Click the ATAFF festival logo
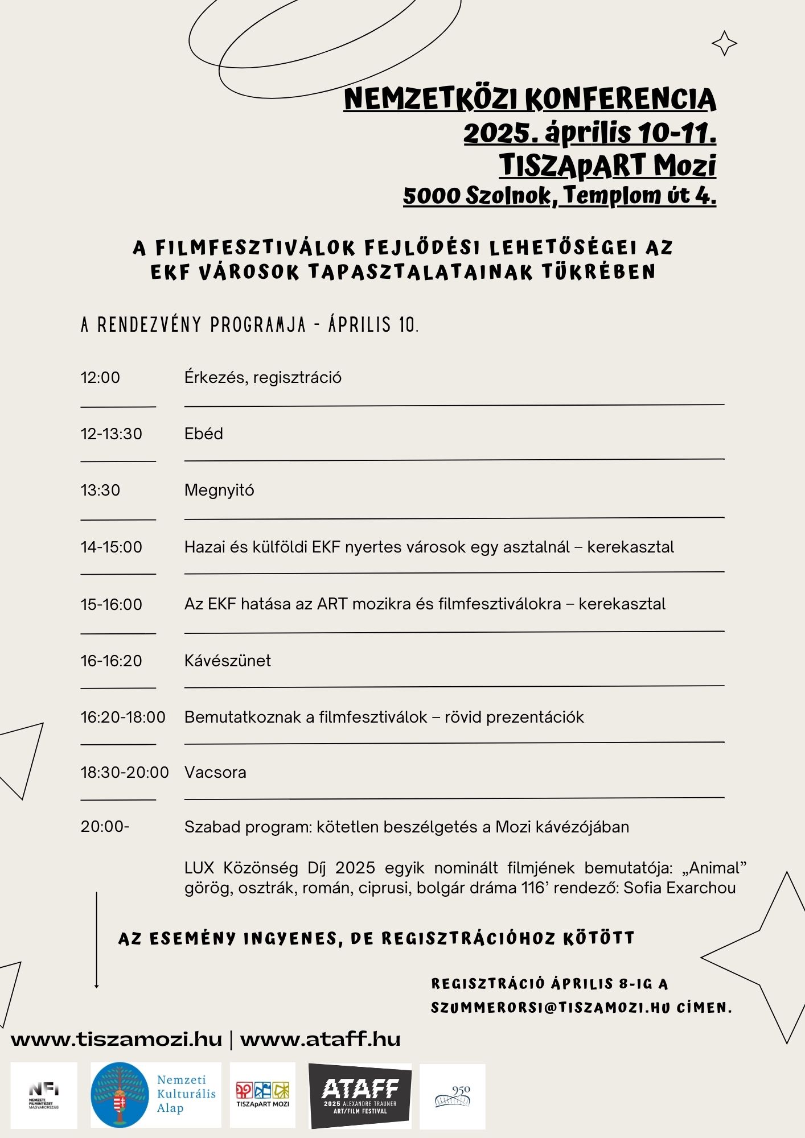coord(360,1095)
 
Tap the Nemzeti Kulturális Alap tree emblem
coord(120,1095)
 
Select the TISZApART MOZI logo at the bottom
coord(262,1095)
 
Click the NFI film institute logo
coord(44,1095)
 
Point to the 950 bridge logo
coord(453,1096)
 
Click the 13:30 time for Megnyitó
coord(100,490)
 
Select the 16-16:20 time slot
coord(111,661)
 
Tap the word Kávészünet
coord(227,661)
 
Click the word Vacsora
coord(215,772)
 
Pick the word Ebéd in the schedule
coord(203,434)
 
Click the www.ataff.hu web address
coord(321,1039)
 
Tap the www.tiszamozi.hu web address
coord(116,1039)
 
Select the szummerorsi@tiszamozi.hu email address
coord(550,1008)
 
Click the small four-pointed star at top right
coord(724,43)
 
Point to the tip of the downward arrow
coord(96,986)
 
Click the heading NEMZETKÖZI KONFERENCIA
coord(529,99)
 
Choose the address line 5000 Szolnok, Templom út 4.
coord(559,195)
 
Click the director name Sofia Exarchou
coord(679,888)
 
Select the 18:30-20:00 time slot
coord(125,772)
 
